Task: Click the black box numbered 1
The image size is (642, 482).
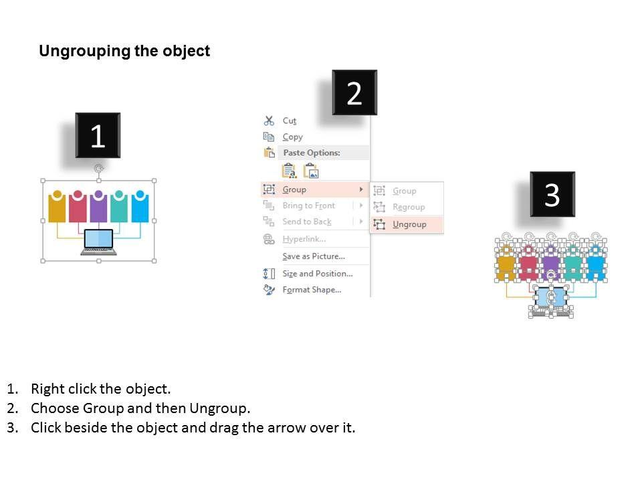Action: point(98,135)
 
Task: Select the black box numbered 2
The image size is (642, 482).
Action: point(354,92)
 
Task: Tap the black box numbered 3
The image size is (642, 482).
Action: point(552,194)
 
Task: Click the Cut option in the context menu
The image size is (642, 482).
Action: point(289,120)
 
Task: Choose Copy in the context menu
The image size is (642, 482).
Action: point(292,137)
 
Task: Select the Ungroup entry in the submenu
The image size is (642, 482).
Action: point(409,224)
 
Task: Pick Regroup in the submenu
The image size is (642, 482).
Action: point(409,207)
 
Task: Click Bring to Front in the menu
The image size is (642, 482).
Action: point(309,206)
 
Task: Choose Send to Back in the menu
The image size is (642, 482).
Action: point(307,222)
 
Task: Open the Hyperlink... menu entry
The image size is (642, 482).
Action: point(304,238)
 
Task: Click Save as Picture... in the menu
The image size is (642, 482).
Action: point(314,256)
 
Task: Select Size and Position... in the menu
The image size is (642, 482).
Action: point(317,273)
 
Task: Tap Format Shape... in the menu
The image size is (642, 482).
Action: point(312,289)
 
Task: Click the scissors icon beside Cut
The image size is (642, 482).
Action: point(269,120)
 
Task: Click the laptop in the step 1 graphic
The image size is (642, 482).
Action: point(98,242)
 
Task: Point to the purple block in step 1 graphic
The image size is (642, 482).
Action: point(98,207)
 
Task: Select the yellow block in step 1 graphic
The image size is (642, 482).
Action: point(57,207)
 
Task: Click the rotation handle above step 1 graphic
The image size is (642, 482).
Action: point(99,168)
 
